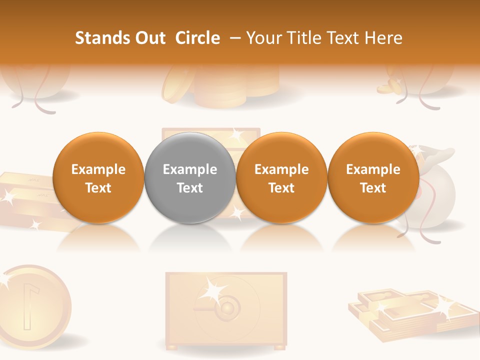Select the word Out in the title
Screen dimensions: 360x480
click(x=150, y=38)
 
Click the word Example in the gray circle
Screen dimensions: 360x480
click(x=190, y=169)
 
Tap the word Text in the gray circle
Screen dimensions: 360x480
click(x=190, y=188)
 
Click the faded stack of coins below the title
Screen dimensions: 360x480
click(x=220, y=87)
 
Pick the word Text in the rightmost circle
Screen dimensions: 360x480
click(x=373, y=188)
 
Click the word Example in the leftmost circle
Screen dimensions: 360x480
click(x=98, y=169)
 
